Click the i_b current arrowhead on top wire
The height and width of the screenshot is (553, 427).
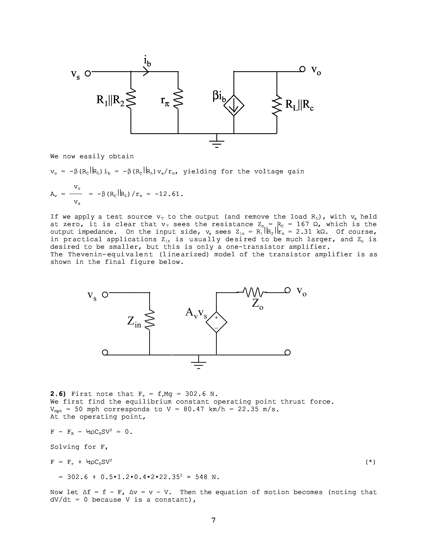(x=146, y=72)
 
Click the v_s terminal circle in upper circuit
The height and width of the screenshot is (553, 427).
(x=88, y=73)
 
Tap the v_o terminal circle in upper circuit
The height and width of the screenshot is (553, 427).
(x=302, y=69)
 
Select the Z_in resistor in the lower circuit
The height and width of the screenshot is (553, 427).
(x=150, y=320)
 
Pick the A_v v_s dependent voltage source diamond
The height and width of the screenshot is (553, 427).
(x=216, y=322)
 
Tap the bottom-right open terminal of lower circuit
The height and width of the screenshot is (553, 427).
(x=287, y=352)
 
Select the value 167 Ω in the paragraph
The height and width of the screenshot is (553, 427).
(x=303, y=224)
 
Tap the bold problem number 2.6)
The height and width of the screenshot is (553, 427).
(x=58, y=394)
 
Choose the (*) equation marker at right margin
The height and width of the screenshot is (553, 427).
(x=370, y=462)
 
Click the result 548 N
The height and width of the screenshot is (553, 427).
(x=207, y=477)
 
